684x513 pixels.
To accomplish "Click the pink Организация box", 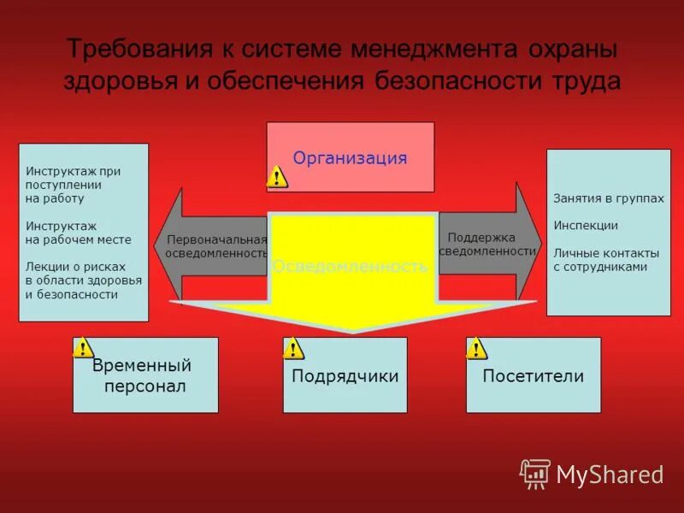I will click(x=351, y=157).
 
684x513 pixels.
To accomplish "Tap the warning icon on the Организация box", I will click(x=276, y=177).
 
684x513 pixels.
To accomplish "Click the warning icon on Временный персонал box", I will click(x=82, y=347).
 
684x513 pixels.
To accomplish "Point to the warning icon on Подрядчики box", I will click(x=293, y=348).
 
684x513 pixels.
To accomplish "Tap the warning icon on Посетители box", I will click(x=476, y=348).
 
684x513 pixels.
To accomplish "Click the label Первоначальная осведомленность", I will click(x=216, y=247).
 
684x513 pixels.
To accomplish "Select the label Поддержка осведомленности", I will click(x=486, y=244).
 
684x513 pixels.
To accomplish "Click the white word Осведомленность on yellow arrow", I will click(x=350, y=267).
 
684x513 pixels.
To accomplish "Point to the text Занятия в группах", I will click(x=608, y=198).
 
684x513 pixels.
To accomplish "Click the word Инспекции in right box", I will click(x=585, y=226).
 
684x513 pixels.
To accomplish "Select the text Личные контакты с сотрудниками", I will click(x=605, y=260).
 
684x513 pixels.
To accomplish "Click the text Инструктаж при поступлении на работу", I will click(x=73, y=185).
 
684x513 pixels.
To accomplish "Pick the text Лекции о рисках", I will click(x=75, y=266).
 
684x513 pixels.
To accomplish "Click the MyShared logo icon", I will click(x=535, y=474).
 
